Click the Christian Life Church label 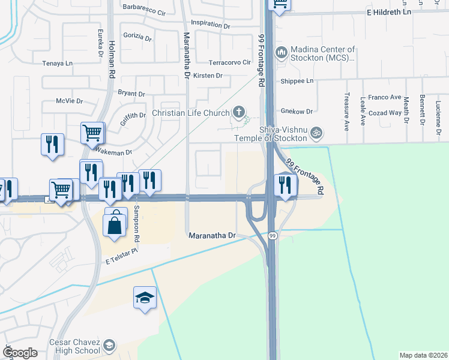190,113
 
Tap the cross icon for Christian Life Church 239,112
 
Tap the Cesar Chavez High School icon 109,344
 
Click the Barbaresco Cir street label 143,10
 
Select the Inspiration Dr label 211,25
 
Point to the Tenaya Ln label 57,63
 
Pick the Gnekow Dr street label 297,112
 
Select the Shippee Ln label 297,81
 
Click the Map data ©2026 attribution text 423,355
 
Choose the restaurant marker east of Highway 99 284,184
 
